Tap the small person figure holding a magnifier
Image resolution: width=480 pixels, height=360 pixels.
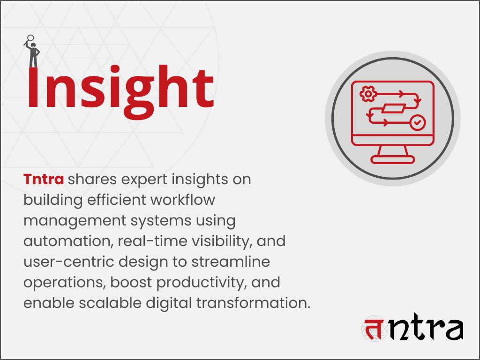coord(32,52)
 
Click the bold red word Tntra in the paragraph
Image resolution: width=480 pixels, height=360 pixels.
coord(44,179)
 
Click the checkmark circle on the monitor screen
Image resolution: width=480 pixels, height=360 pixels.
coord(417,123)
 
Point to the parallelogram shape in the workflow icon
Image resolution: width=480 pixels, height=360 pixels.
coord(392,109)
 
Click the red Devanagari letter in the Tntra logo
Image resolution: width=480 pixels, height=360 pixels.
coord(374,329)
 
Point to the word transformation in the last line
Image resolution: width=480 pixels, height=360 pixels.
coord(253,303)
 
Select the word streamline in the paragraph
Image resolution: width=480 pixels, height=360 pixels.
coord(230,262)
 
